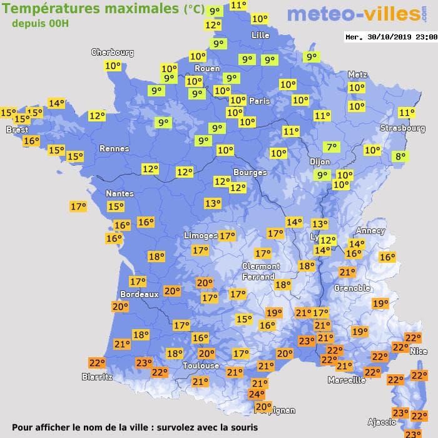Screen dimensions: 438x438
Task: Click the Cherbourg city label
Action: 113,53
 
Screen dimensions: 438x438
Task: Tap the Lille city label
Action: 260,35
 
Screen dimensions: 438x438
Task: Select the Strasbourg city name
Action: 403,128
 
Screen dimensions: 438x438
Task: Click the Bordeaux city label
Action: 139,294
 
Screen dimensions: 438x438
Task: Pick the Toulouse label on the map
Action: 201,365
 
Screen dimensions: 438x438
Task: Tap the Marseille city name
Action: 347,380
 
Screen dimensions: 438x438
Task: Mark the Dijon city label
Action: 320,161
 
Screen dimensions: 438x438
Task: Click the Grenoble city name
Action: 352,288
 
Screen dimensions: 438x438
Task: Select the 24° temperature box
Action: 257,394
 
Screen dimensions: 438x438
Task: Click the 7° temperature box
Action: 331,147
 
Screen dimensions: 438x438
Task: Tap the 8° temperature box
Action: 399,156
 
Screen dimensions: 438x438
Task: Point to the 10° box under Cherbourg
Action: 113,66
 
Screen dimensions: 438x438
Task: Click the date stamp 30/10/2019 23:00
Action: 391,37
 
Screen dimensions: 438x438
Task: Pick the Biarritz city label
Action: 97,377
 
